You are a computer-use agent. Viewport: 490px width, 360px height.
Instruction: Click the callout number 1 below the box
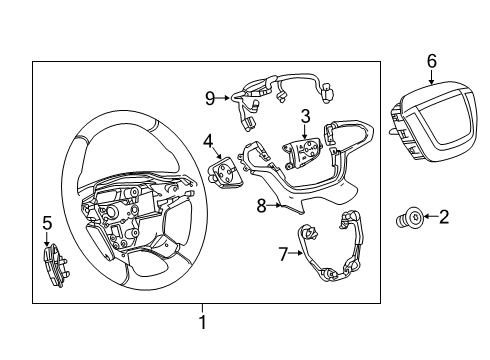pos(201,323)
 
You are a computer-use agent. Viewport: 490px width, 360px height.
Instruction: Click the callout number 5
pos(46,222)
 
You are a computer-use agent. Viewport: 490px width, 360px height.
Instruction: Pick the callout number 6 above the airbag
pos(431,61)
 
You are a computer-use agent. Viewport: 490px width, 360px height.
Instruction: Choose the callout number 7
pos(283,254)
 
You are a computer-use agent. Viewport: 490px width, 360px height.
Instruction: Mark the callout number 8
pos(261,207)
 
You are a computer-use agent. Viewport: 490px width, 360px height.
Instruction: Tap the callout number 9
pos(210,97)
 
